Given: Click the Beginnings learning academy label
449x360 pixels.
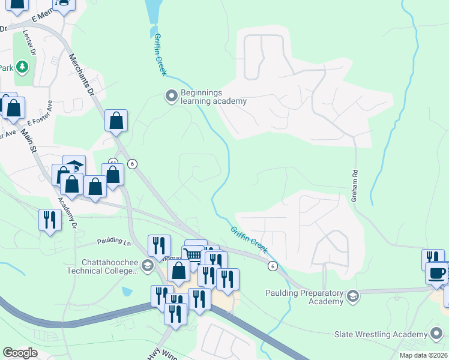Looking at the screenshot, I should click(x=214, y=97).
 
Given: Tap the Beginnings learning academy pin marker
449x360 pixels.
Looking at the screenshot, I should click(x=171, y=95).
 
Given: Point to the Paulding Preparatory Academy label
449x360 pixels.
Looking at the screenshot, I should click(x=304, y=297).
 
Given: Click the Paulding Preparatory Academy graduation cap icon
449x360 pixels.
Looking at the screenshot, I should click(x=353, y=295).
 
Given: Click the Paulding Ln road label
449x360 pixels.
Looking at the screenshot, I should click(x=114, y=242).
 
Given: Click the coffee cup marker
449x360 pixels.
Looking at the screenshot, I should click(x=436, y=274).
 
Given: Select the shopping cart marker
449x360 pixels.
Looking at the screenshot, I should click(x=193, y=255).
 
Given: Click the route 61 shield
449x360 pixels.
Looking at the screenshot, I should click(x=112, y=162).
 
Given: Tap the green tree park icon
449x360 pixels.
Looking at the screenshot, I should click(x=22, y=66).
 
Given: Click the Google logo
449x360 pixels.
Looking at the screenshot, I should click(x=20, y=352).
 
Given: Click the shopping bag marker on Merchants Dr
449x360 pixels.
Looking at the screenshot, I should click(x=116, y=121).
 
